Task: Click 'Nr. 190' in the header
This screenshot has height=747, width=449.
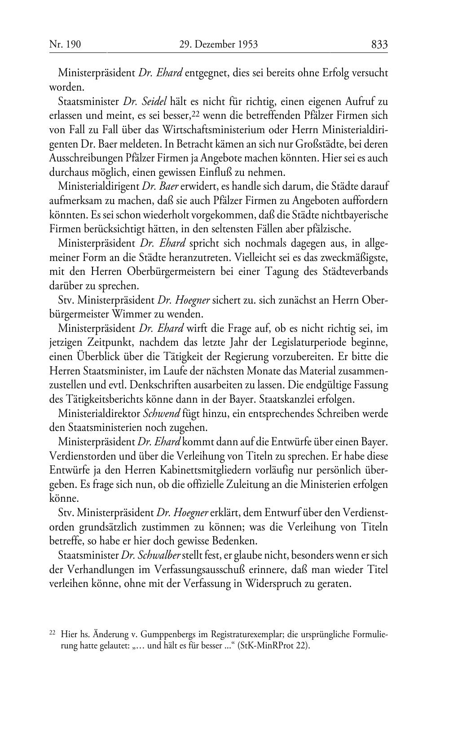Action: click(x=65, y=44)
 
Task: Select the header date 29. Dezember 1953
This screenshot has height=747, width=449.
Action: click(x=218, y=44)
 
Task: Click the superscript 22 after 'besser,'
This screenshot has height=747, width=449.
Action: click(x=195, y=113)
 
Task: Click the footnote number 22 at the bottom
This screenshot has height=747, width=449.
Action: click(x=52, y=633)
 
